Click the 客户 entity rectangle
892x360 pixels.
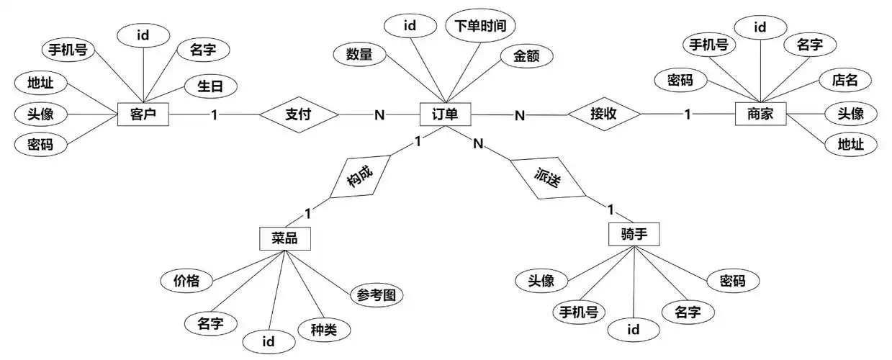coord(143,114)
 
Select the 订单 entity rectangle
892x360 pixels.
coord(445,114)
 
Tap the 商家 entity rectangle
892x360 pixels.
coord(760,114)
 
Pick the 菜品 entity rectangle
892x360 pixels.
coord(284,238)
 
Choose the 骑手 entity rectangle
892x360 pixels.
coord(634,234)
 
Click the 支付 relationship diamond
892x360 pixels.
coord(297,114)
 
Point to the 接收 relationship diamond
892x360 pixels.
coord(604,114)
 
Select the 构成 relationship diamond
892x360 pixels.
coord(360,176)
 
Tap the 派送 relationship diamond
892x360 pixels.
coord(548,177)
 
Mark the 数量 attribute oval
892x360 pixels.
coord(359,54)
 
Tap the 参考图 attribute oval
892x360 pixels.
coord(377,295)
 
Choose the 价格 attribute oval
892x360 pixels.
coord(186,281)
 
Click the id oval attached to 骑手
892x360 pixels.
coord(634,330)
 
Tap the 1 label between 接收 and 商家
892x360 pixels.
coord(688,114)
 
